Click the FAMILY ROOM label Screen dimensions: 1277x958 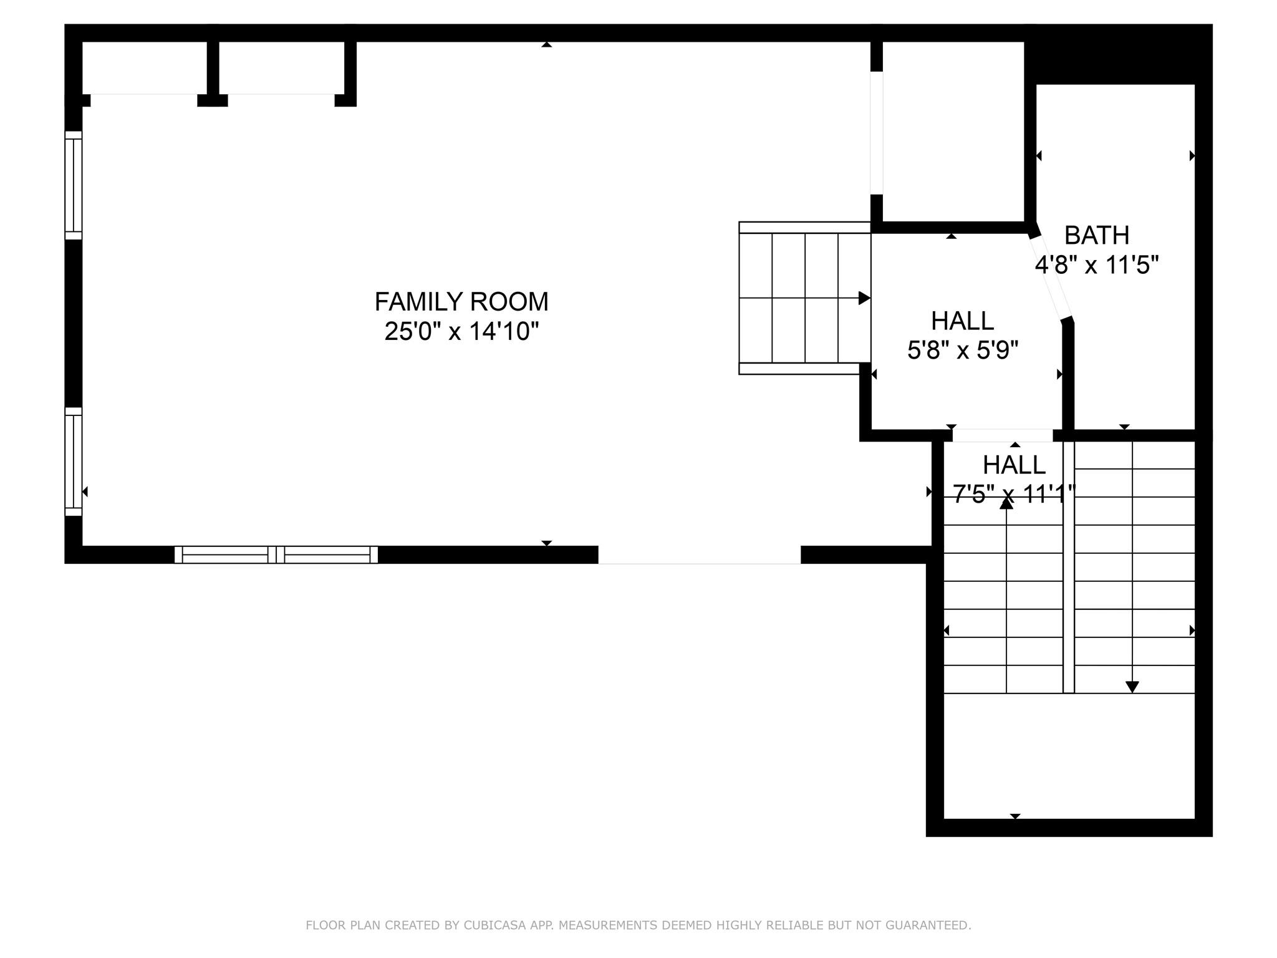coord(461,302)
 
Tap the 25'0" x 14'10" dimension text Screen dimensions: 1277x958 coord(461,331)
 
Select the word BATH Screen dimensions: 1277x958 coord(1097,236)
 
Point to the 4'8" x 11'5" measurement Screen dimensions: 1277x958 coord(1097,266)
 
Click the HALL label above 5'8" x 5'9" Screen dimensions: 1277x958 coord(962,321)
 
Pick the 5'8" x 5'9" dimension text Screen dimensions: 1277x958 coord(962,351)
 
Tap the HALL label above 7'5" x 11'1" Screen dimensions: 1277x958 coord(1014,465)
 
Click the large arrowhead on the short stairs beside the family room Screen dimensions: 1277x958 coord(864,298)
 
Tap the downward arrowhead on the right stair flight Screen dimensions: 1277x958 coord(1132,687)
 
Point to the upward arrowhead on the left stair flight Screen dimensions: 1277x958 coord(1006,503)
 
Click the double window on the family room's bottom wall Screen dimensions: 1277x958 coord(276,554)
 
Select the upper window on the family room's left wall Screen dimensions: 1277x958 coord(74,185)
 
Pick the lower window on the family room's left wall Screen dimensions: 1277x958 coord(74,462)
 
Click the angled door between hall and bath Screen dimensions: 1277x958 coord(1050,278)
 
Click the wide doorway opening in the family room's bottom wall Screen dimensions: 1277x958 coord(700,554)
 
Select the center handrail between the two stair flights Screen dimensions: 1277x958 coord(1069,567)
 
